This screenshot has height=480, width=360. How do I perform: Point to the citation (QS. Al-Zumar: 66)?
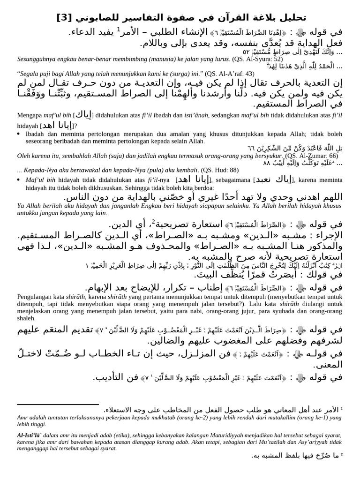click(311, 156)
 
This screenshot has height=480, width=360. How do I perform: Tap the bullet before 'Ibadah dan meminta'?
click(19, 134)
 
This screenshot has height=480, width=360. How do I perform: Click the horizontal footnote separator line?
click(58, 404)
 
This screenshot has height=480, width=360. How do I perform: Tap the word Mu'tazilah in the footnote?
click(257, 442)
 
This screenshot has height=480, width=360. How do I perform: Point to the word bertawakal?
click(82, 170)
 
